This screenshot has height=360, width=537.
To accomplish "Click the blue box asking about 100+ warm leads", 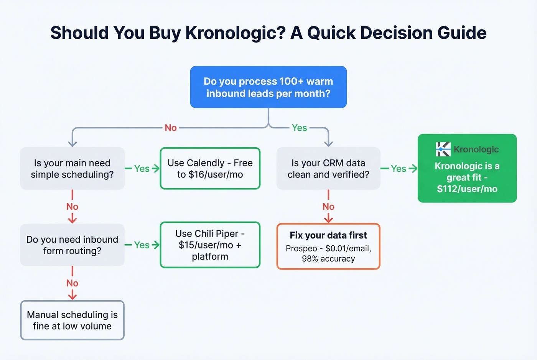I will pos(268,87).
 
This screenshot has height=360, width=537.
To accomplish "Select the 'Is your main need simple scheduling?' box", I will pos(72,169).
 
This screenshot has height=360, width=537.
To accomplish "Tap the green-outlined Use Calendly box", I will pos(210,169).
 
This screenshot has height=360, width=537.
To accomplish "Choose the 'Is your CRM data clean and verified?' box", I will pos(328,169).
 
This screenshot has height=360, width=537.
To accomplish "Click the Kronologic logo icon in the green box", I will pos(443,149).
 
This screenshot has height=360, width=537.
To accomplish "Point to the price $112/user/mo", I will pos(467,189).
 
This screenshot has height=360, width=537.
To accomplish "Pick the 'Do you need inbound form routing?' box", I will pos(72,245).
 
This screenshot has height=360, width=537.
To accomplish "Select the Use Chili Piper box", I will pos(210,245).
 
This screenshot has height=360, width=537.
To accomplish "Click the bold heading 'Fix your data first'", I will pos(328,235).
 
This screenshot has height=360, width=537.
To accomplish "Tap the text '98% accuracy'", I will pos(328,259).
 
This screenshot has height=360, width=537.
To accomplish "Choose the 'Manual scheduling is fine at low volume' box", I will pos(72,321).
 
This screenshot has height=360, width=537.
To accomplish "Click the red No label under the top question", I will pos(171,128).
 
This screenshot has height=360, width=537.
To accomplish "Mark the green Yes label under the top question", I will pos(299,128).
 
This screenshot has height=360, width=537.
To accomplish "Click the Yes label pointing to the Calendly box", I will pos(142,169).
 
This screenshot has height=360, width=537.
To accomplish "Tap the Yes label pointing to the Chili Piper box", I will pos(142,245).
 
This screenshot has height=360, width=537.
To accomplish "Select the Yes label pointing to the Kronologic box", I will pos(398,169).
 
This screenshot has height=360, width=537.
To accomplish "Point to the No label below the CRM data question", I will pos(328,207).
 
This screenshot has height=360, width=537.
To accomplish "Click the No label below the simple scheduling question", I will pos(72,207).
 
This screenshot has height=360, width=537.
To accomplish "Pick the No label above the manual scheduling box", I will pos(72,283).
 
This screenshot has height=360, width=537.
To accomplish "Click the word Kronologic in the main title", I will pos(236,33).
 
